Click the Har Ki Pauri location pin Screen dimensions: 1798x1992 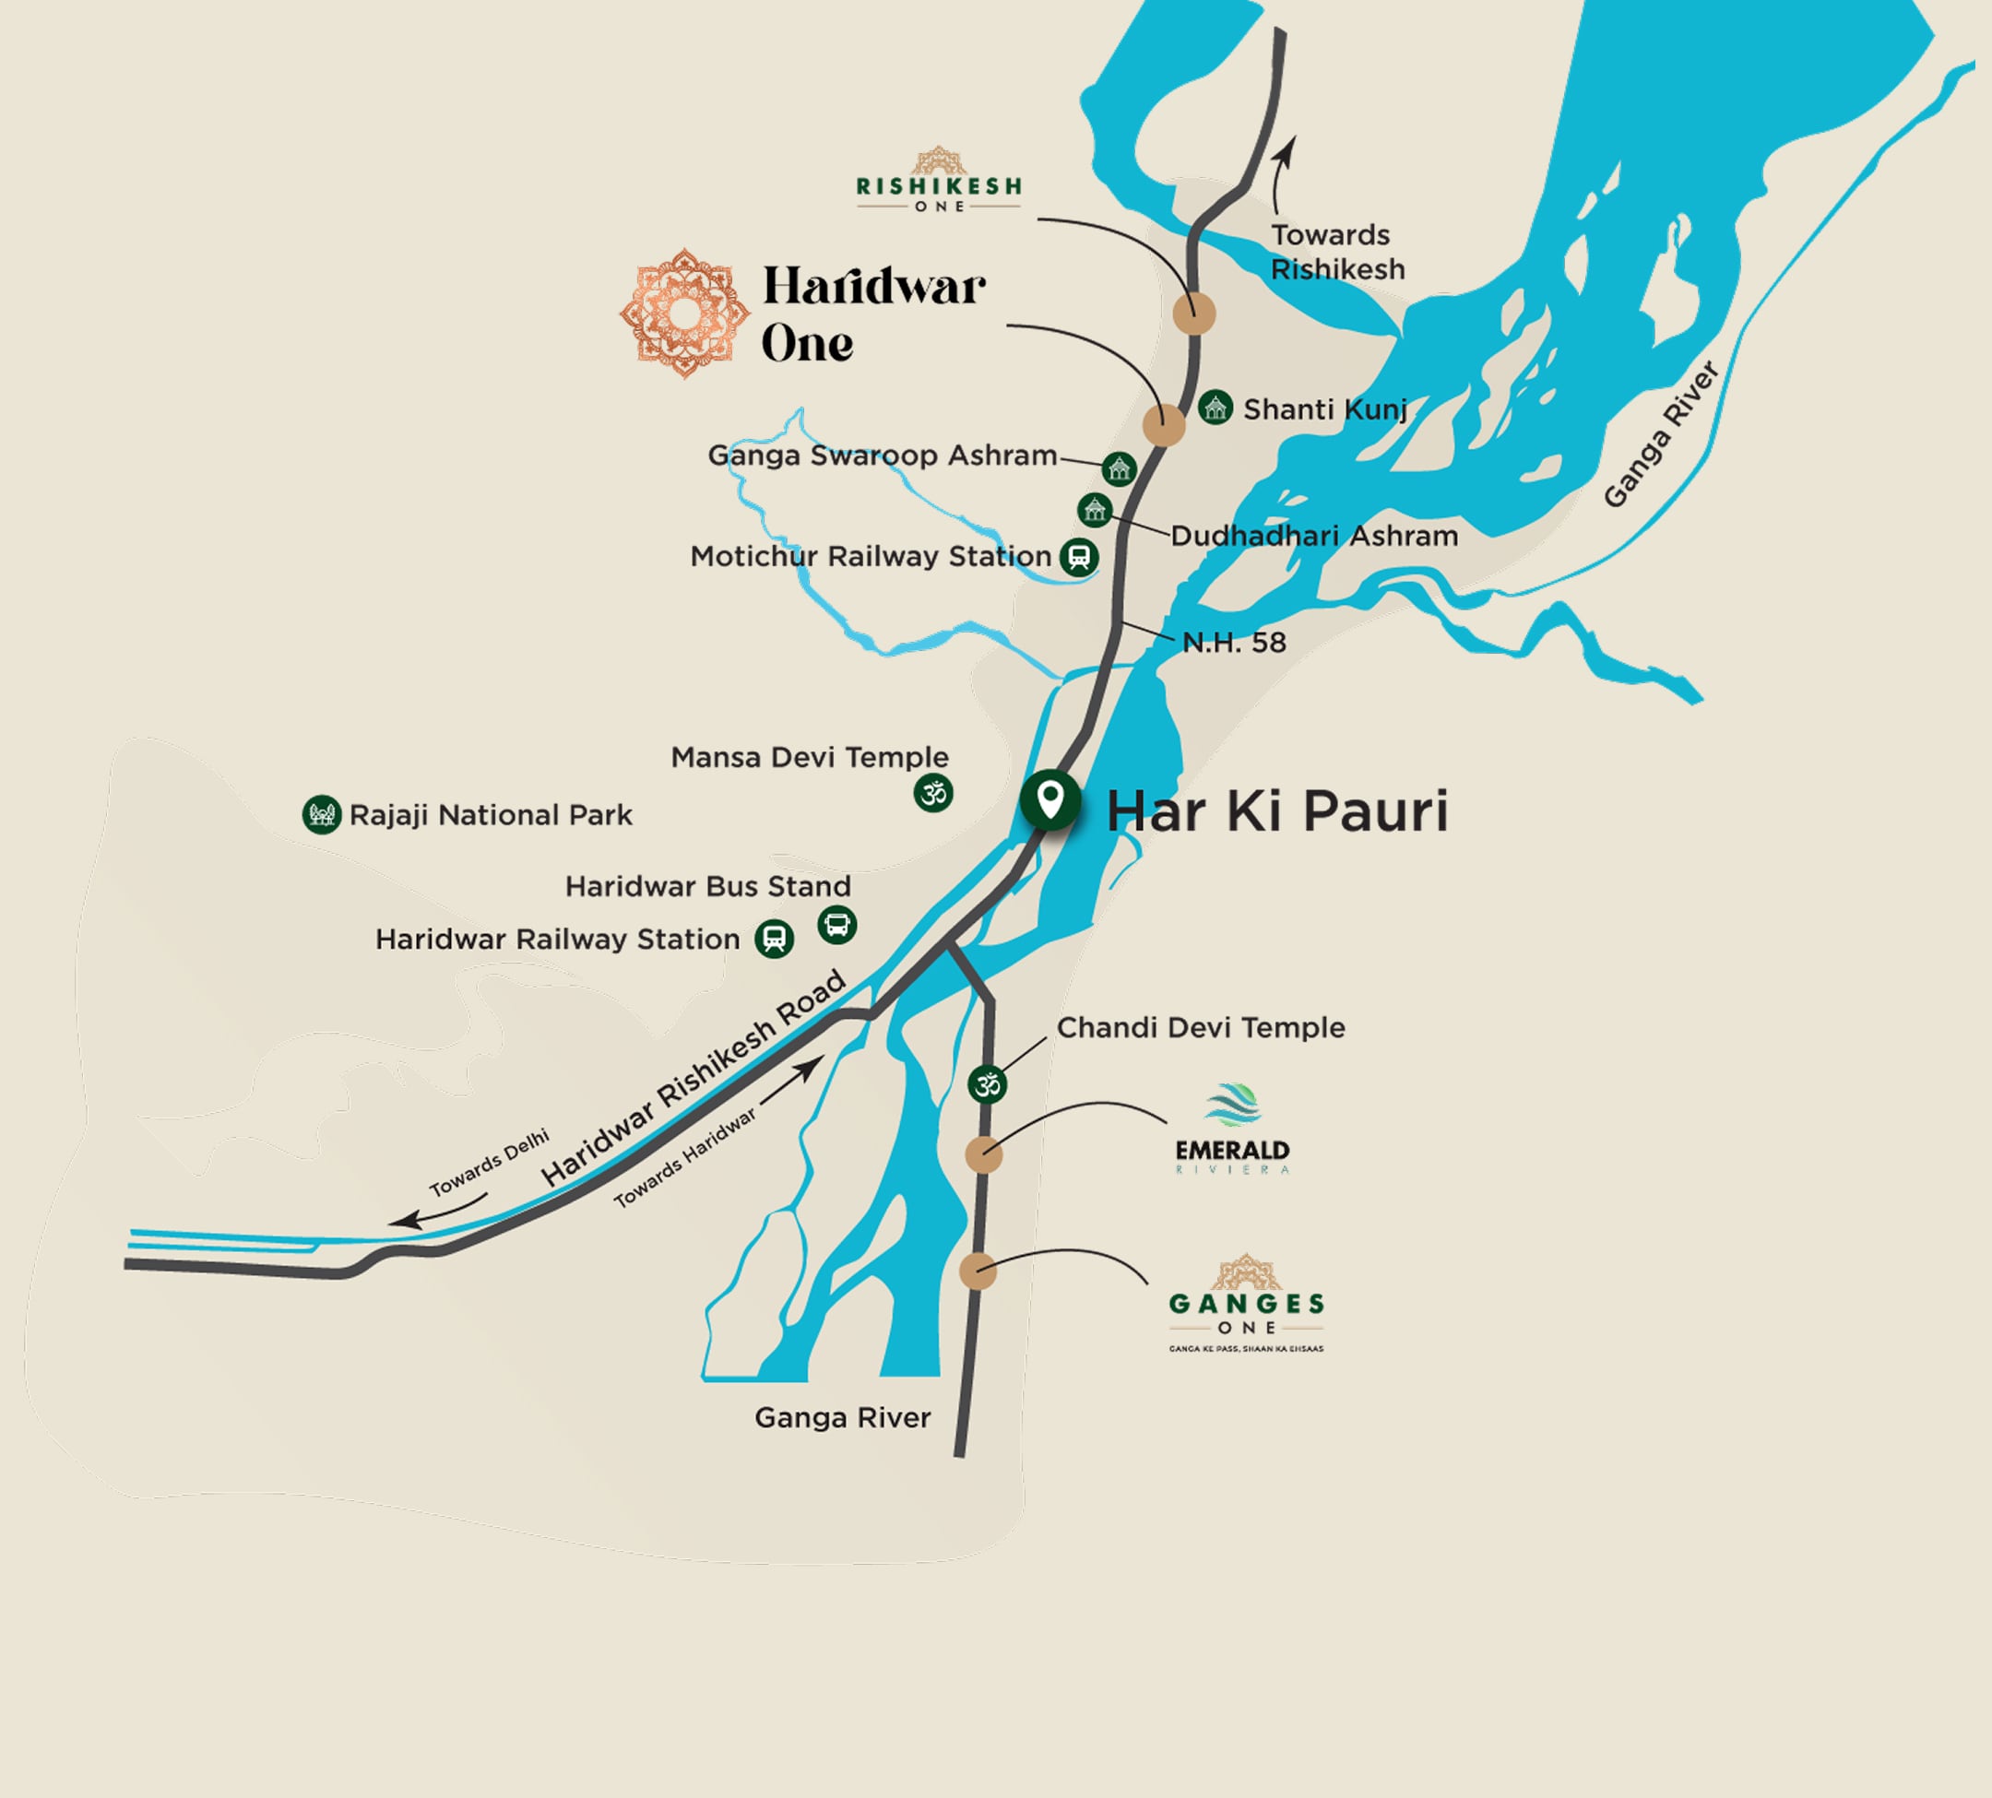click(1050, 799)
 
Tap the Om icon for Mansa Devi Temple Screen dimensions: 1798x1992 click(932, 792)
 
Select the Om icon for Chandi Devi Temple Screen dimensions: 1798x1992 click(987, 1084)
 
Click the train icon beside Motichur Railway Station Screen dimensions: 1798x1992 click(1079, 556)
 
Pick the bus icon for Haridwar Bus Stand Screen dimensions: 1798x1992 click(837, 925)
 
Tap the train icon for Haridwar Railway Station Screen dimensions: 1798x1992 click(775, 939)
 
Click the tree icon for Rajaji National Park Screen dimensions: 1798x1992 click(321, 815)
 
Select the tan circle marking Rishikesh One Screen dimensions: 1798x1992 click(1193, 314)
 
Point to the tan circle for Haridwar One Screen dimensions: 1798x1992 click(1164, 426)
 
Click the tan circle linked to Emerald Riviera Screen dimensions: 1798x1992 click(983, 1153)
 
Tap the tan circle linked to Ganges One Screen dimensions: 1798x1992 click(978, 1271)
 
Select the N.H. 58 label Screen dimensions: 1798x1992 click(1234, 644)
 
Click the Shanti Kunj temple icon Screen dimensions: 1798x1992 click(1215, 407)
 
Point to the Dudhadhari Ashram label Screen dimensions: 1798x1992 click(1313, 537)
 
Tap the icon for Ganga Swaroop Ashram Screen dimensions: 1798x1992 click(1119, 468)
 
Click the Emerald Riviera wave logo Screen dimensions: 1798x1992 click(1232, 1106)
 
